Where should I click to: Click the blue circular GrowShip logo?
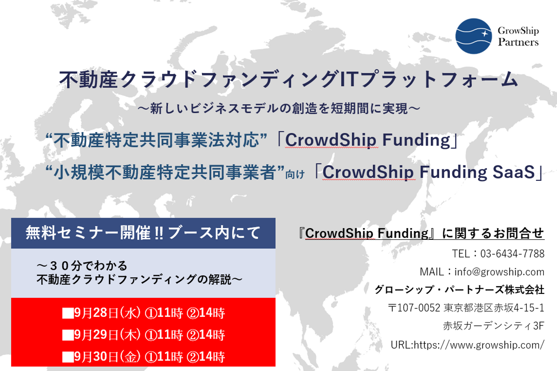tap(473, 36)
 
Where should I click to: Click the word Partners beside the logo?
tap(518, 42)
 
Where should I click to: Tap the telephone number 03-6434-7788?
tap(512, 254)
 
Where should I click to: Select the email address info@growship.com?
tap(499, 272)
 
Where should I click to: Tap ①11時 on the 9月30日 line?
tap(164, 357)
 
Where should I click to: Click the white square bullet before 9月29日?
tap(68, 335)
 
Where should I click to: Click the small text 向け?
tap(295, 175)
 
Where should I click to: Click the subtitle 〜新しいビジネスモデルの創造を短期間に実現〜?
tap(279, 108)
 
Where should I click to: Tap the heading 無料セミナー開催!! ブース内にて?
tap(143, 233)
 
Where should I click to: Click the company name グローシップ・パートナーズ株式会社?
tap(460, 290)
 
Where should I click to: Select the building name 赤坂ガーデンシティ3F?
tap(494, 326)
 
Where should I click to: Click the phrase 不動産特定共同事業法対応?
tap(156, 140)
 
